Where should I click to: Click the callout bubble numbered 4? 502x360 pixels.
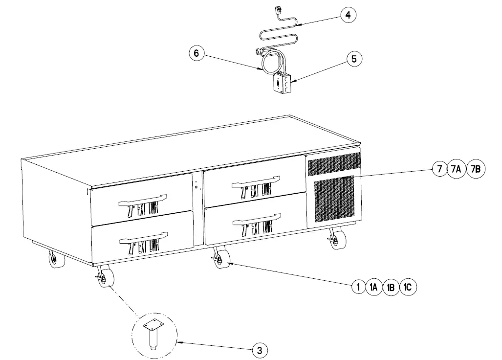coord(348,15)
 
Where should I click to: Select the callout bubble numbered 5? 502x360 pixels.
coord(354,58)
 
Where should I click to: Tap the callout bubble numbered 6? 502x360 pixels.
coord(196,53)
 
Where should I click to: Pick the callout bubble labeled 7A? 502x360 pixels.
coord(456,169)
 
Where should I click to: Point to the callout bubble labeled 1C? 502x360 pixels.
coord(408,287)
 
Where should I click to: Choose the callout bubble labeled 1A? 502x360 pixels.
coord(374,287)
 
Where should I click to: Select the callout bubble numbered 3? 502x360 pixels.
coord(260,350)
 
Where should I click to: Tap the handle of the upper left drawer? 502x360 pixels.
coord(142,198)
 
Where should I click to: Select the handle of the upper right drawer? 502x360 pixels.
coord(256,181)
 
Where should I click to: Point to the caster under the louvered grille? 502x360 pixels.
coord(337,239)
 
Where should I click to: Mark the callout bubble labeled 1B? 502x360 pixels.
coord(391,287)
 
